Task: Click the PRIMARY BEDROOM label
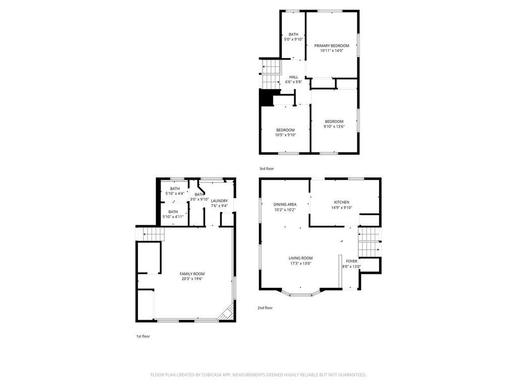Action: point(331,45)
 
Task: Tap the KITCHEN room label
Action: point(342,202)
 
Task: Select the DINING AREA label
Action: point(285,205)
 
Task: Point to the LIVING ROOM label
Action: point(301,258)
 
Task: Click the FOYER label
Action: point(351,261)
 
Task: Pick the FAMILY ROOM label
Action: point(192,274)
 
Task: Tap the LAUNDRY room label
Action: point(219,201)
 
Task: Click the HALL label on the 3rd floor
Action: point(293,77)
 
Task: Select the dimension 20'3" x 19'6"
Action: point(192,279)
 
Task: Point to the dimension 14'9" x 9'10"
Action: point(342,208)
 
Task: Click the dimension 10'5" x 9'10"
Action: point(286,135)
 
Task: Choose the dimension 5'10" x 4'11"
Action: point(173,217)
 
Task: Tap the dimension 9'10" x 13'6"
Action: point(334,126)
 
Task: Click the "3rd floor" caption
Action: point(267,169)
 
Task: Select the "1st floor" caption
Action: point(143,336)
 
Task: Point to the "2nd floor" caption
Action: point(265,308)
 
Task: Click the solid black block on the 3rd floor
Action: point(266,98)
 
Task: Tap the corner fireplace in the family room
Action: point(227,313)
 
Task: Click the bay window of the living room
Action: point(301,294)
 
